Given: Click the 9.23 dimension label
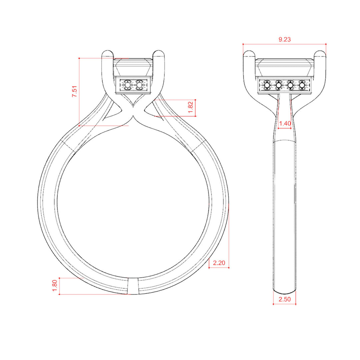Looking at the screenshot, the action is tap(284, 39).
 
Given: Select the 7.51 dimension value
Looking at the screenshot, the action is tap(75, 91).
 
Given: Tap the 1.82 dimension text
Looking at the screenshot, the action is tap(191, 107).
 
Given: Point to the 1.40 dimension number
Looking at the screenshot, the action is tap(285, 124).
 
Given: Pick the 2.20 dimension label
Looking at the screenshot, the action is tap(219, 263).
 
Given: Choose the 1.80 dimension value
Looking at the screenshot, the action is tap(55, 286).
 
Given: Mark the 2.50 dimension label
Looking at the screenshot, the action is tap(284, 299).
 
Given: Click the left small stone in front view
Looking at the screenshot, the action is tap(127, 85).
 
